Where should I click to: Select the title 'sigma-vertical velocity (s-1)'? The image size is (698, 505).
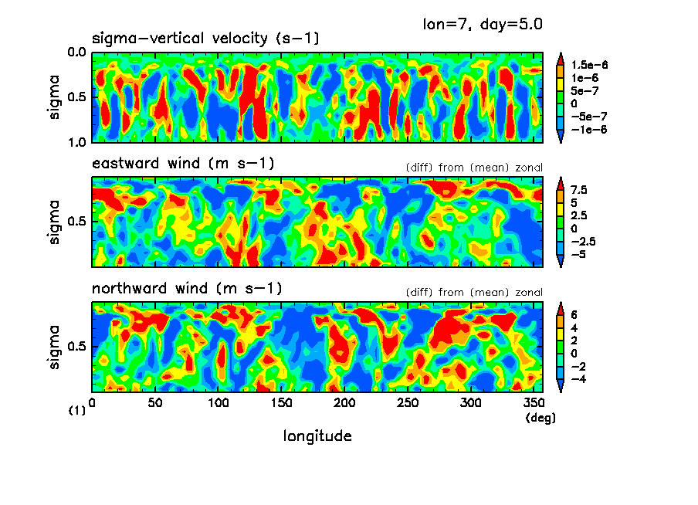tap(205, 39)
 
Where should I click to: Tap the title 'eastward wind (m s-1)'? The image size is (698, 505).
tap(183, 164)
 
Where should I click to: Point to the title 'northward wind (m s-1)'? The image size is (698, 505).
tap(187, 289)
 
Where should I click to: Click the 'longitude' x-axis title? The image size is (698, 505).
tap(317, 436)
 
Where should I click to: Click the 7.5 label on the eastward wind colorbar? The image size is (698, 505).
tap(579, 189)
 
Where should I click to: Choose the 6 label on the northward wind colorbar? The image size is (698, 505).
tap(574, 315)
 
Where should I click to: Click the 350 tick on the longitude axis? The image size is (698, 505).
tap(534, 403)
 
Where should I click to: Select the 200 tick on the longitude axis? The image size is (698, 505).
tap(344, 403)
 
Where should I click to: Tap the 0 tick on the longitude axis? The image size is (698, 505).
tap(92, 403)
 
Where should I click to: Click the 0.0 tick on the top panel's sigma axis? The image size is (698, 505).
tap(76, 53)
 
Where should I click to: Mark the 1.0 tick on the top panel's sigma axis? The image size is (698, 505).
tap(76, 142)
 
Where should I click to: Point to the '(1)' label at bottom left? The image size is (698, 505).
tap(76, 412)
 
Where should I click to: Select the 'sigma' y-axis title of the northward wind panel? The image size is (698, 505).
tap(55, 347)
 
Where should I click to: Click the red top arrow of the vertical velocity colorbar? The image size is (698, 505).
tap(561, 56)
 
